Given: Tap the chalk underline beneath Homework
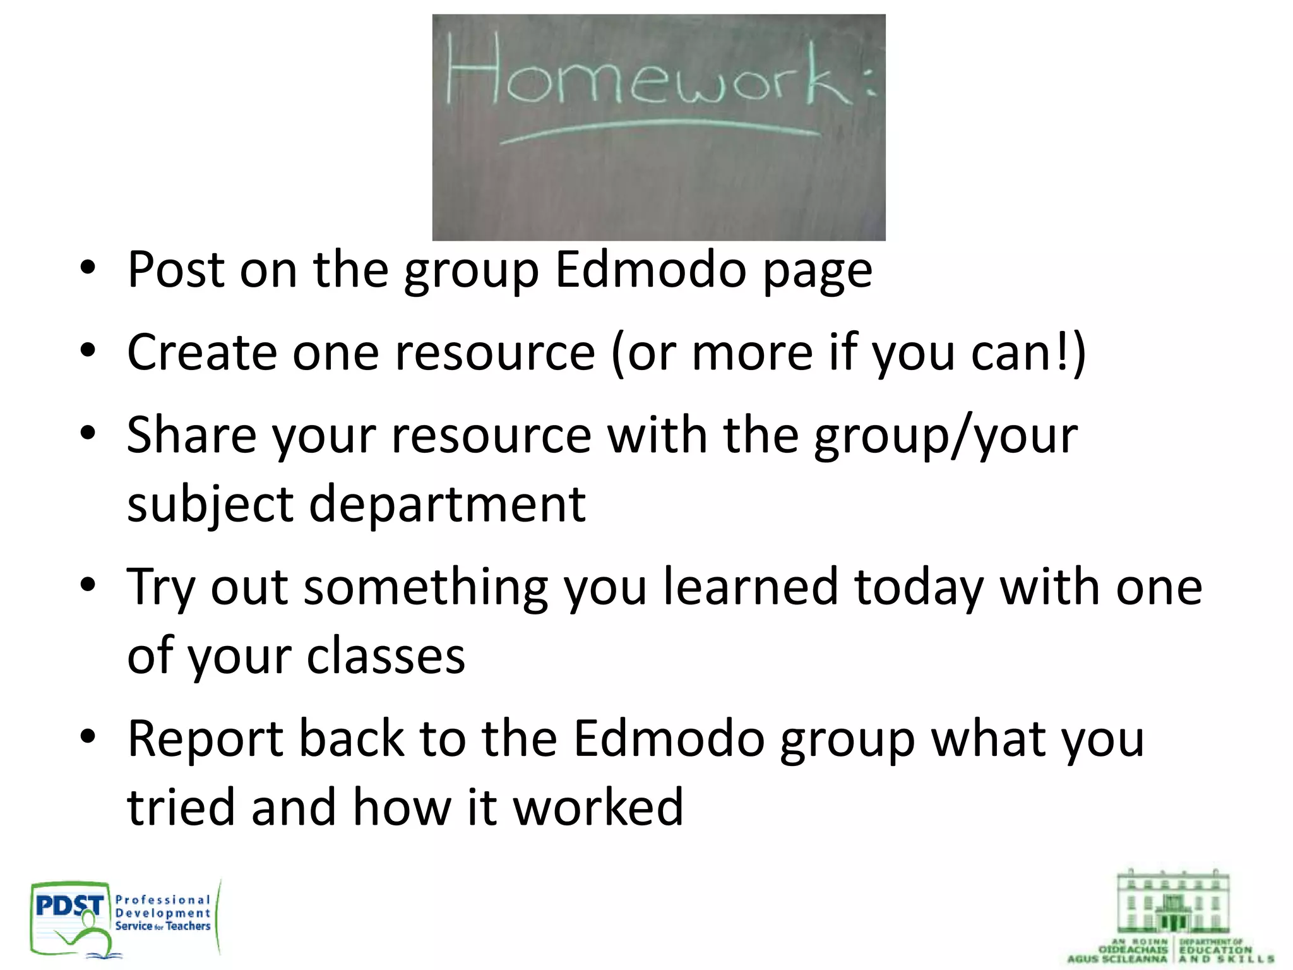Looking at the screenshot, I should pyautogui.click(x=660, y=131).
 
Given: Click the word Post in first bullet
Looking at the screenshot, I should pyautogui.click(x=176, y=270).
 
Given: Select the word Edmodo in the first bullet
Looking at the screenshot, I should pyautogui.click(x=651, y=270).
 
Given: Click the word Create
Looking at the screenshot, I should pyautogui.click(x=202, y=352).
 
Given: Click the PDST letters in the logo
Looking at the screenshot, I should pyautogui.click(x=69, y=906).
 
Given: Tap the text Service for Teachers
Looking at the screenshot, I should pyautogui.click(x=163, y=926).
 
